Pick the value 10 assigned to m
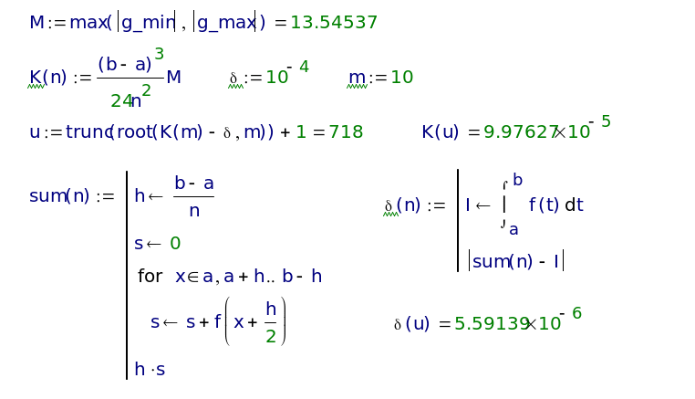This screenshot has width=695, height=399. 401,79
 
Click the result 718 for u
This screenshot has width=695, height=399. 346,132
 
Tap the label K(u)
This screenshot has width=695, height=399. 443,132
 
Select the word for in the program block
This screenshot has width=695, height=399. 150,276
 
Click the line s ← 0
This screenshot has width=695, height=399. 158,243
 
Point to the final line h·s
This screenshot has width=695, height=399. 149,369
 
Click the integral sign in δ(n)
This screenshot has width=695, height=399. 503,205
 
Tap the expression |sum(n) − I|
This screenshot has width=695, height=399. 516,262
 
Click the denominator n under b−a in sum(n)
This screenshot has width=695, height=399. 192,212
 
